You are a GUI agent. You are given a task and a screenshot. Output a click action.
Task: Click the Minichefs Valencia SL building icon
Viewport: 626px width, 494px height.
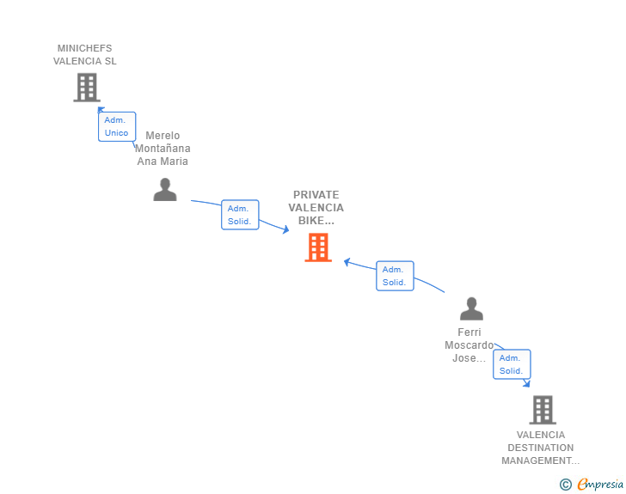[87, 87]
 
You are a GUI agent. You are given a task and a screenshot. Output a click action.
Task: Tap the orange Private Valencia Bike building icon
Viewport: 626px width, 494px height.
[318, 247]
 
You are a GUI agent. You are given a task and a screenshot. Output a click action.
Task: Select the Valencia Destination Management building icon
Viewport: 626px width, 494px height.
[543, 410]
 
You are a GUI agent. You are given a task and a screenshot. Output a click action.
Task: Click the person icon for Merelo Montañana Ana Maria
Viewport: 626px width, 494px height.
[164, 189]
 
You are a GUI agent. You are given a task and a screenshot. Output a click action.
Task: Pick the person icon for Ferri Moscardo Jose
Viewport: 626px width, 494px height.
[471, 308]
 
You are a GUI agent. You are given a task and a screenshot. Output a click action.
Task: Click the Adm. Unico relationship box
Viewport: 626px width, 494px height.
[116, 126]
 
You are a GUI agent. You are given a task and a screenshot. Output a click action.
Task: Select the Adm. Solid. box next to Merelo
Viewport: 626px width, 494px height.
[240, 215]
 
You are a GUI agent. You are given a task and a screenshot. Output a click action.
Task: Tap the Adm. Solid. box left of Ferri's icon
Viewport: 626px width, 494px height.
[395, 276]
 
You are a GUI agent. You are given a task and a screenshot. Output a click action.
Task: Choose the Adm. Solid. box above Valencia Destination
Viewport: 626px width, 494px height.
[512, 364]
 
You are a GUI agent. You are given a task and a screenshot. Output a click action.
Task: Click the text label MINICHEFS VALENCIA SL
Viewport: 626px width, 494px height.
[85, 55]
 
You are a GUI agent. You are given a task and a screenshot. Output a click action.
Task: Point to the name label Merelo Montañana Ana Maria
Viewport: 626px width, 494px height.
[163, 149]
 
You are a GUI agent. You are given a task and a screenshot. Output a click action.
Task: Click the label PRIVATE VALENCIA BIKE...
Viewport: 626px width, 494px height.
[316, 208]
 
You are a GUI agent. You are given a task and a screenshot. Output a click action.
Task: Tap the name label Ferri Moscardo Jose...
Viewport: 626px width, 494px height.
[470, 345]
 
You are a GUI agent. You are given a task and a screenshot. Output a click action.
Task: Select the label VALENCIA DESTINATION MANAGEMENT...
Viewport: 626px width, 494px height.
[541, 448]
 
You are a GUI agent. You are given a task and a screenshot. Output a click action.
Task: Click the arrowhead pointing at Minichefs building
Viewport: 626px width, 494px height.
[101, 109]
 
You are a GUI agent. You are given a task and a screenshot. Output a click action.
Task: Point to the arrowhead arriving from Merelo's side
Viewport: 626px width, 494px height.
[285, 230]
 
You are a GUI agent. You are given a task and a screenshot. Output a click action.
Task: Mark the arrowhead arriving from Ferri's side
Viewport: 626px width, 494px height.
[347, 261]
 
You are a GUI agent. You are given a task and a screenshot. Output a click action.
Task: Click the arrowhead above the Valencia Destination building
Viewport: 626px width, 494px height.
[526, 383]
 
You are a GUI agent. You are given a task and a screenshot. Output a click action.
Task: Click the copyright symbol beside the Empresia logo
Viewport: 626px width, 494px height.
[566, 485]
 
